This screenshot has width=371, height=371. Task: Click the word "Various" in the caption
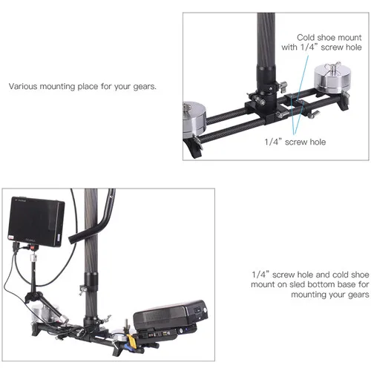tap(23, 86)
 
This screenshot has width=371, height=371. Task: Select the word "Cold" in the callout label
tap(306, 37)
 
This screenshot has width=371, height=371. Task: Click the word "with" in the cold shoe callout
tap(289, 47)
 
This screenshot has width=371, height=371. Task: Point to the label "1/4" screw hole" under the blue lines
tap(295, 142)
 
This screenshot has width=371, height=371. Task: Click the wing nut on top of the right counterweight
tap(332, 66)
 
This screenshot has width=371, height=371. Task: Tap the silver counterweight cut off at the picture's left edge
tap(194, 119)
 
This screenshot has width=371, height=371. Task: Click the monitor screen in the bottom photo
tap(36, 221)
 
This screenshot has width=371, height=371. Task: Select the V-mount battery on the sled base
tap(171, 315)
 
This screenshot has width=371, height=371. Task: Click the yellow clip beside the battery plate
tap(131, 341)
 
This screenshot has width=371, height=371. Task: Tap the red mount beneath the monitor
tap(32, 246)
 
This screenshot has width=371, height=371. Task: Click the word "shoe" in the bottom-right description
tap(360, 275)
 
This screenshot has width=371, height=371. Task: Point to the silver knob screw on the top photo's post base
tap(259, 101)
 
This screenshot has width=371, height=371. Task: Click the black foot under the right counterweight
tap(344, 103)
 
